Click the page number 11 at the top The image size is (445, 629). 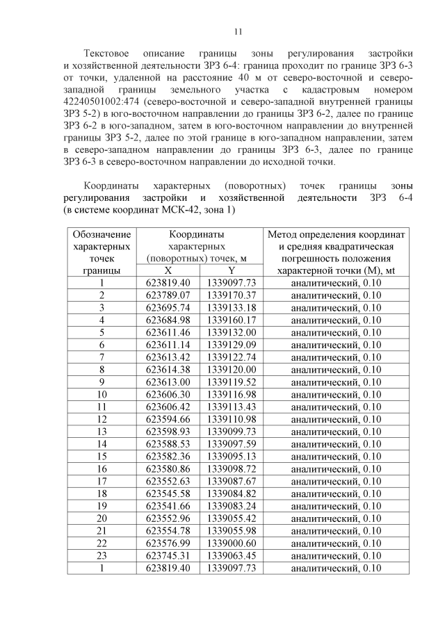point(238,31)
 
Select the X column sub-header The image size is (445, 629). point(168,270)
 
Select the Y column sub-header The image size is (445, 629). point(232,270)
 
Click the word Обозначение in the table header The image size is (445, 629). point(102,235)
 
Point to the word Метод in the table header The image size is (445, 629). point(287,235)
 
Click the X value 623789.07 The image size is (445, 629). point(168,295)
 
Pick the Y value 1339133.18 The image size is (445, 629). point(232,308)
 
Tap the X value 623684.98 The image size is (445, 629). point(168,320)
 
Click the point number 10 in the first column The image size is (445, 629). point(102,395)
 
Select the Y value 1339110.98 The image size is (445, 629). point(232,419)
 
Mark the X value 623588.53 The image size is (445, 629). point(168,444)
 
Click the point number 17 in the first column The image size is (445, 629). point(102,481)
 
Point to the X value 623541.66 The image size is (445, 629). point(168,506)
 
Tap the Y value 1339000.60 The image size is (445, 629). point(232,543)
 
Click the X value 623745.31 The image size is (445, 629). point(168,555)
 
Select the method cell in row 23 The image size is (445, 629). point(336,555)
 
